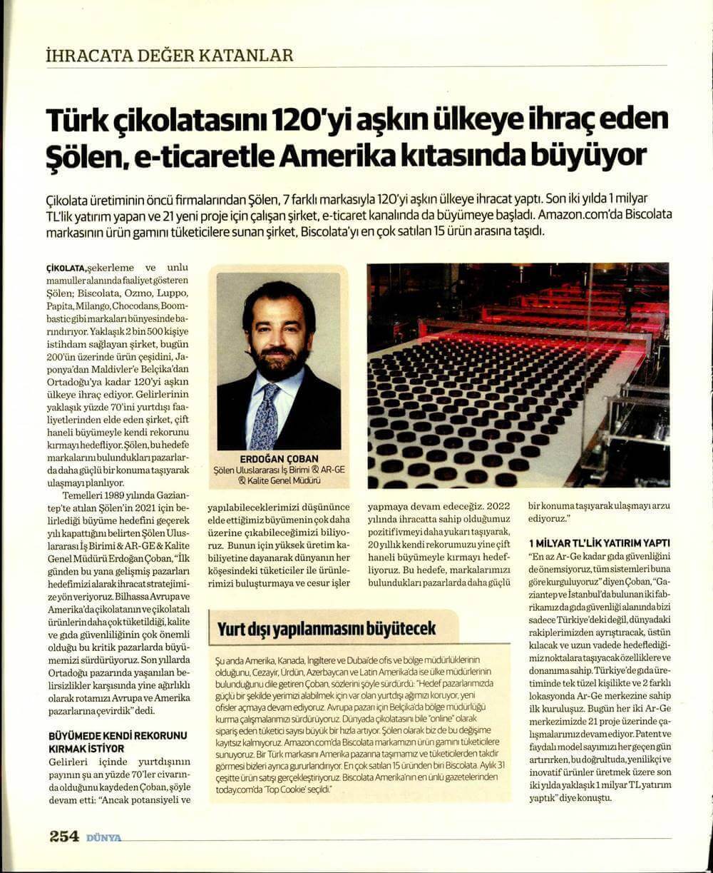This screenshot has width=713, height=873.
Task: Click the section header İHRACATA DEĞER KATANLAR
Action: tap(168, 55)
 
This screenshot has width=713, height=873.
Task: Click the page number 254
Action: tap(64, 837)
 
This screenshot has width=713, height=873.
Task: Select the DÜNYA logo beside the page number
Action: tap(103, 838)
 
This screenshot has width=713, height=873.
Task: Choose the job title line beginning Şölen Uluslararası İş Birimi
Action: tap(278, 472)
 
